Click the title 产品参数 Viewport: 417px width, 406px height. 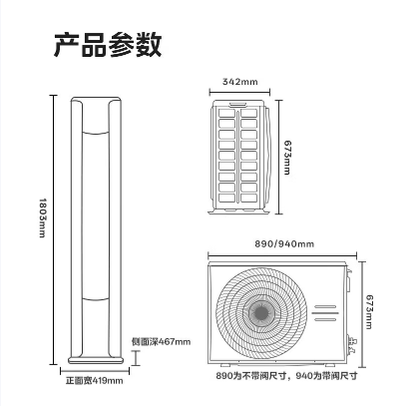click(108, 44)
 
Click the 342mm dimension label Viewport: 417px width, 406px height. click(239, 82)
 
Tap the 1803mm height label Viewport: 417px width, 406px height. click(43, 217)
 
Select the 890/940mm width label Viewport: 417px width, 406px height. click(284, 243)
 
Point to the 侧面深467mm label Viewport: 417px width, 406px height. click(161, 341)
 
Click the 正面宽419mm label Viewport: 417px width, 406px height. click(94, 380)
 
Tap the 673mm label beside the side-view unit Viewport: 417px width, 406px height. click(287, 158)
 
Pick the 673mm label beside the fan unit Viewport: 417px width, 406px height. click(369, 312)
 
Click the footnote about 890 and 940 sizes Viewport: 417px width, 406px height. click(286, 376)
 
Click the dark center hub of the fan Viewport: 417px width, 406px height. click(261, 312)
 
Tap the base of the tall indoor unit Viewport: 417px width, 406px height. click(96, 360)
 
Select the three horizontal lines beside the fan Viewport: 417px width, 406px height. click(325, 313)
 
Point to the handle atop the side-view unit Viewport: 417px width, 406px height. click(237, 104)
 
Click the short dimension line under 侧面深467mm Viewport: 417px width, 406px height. click(136, 357)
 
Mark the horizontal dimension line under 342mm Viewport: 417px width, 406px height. click(239, 92)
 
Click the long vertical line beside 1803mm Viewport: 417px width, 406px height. click(53, 229)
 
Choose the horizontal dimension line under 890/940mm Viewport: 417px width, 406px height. click(282, 255)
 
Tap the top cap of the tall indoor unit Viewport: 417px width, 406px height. click(96, 99)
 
